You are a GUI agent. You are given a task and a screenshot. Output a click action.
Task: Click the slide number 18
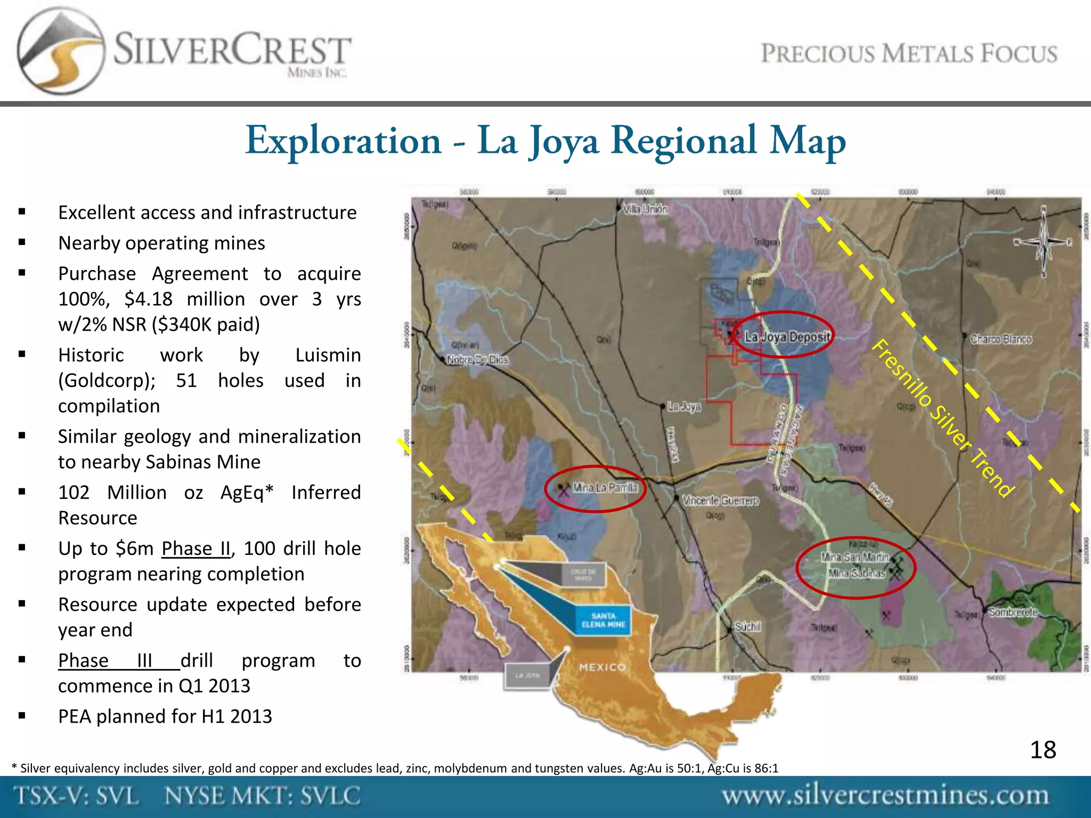1043,750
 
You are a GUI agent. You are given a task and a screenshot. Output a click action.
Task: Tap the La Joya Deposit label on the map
787,337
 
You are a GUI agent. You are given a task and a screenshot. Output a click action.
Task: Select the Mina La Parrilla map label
605,487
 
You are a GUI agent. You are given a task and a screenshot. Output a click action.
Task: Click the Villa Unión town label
645,209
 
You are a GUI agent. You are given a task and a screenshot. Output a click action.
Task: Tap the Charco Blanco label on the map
1001,339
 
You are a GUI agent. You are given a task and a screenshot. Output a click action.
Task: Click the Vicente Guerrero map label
720,501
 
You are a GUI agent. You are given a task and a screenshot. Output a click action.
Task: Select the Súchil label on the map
747,627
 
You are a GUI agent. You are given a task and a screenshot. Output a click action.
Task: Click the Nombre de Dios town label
477,360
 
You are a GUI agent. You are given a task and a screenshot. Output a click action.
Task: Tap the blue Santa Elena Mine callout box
603,620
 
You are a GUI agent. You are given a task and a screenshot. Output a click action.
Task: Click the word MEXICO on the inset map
603,667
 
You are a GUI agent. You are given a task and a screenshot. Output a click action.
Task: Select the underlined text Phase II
196,549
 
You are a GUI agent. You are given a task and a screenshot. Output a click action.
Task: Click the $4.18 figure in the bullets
149,299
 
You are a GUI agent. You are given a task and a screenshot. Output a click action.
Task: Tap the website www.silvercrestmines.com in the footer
885,796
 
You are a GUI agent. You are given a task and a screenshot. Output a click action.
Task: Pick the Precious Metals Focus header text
909,54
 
